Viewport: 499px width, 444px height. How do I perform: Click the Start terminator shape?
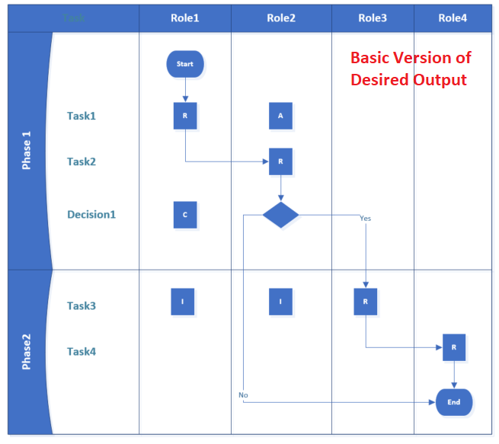pos(185,64)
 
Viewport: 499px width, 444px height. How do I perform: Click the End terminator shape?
pos(454,402)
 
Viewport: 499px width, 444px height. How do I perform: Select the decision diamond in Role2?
pos(280,215)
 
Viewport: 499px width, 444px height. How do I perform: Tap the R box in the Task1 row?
pos(185,116)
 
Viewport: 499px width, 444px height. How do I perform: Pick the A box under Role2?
pos(280,116)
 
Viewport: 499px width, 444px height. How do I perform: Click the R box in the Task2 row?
pos(280,161)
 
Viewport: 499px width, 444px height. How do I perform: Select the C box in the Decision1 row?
pos(185,215)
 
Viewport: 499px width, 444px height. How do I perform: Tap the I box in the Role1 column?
pos(182,302)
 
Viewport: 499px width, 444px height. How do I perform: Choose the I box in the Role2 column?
pos(280,302)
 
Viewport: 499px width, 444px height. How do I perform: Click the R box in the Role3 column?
pos(366,302)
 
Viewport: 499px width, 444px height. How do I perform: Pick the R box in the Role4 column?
pos(454,347)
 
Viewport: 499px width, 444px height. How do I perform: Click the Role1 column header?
pos(185,18)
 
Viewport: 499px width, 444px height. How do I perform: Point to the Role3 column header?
pos(373,18)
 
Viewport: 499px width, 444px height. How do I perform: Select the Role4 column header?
pos(453,18)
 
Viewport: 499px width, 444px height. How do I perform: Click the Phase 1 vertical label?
pos(27,151)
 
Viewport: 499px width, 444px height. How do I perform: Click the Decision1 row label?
pos(91,215)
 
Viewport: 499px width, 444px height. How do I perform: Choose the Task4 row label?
pos(82,352)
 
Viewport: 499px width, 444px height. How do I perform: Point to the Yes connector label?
pos(365,219)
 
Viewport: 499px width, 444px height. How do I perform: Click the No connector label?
pos(243,395)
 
